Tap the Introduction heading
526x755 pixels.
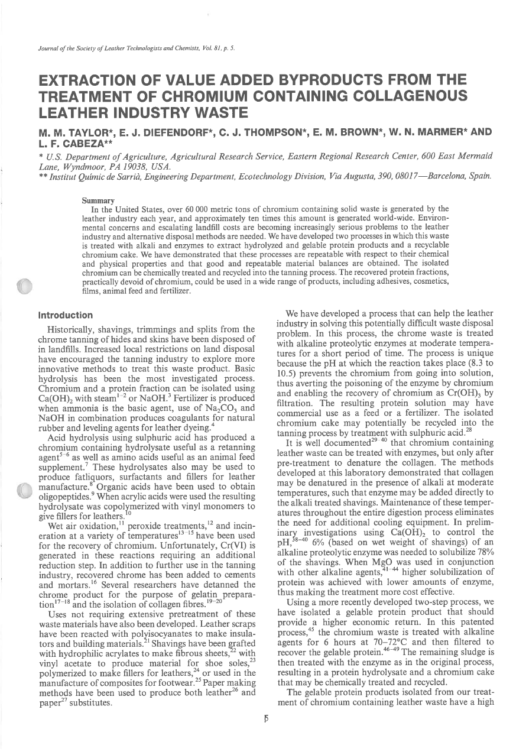pos(66,315)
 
